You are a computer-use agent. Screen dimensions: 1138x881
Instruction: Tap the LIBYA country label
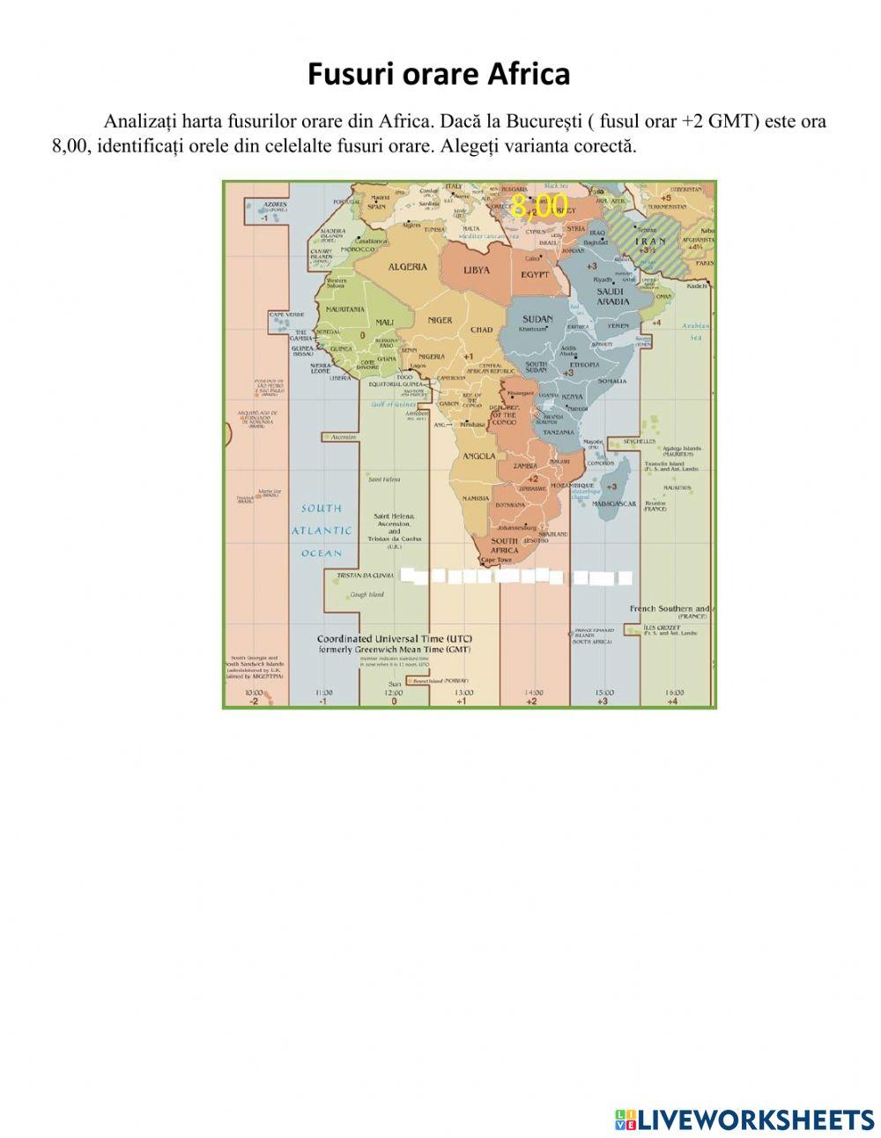(x=478, y=270)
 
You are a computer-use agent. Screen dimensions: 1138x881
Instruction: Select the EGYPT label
(x=535, y=275)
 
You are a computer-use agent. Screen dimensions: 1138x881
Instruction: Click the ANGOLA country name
(x=478, y=457)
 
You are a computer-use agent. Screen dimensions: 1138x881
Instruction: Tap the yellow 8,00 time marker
(x=540, y=206)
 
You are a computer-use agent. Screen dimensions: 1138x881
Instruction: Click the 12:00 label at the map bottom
(x=394, y=693)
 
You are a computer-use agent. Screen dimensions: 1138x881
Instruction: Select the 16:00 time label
(x=674, y=693)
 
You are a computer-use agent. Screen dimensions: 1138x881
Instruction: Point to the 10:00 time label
(x=254, y=693)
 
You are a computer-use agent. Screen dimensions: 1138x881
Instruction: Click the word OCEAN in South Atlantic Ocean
(x=322, y=554)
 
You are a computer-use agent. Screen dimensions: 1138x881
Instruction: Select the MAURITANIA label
(x=345, y=310)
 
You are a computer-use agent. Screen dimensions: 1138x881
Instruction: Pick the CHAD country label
(x=482, y=330)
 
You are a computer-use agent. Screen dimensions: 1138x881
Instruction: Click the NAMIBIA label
(x=475, y=499)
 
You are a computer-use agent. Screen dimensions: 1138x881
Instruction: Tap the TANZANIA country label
(x=559, y=433)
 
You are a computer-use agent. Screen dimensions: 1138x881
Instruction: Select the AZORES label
(x=276, y=204)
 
